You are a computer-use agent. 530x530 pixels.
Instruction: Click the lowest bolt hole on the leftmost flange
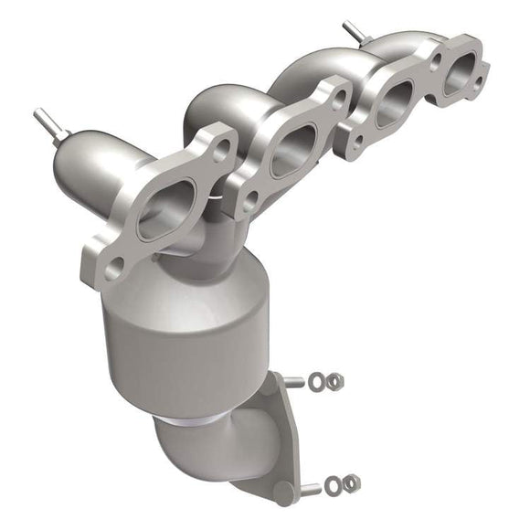click(114, 268)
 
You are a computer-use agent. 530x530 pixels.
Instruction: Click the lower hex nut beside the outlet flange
click(352, 482)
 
